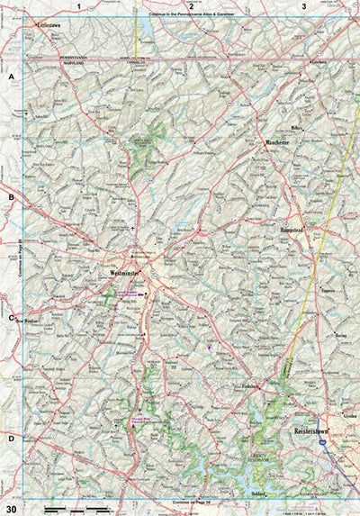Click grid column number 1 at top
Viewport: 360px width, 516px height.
[79, 6]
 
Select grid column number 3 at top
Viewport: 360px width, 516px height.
[304, 6]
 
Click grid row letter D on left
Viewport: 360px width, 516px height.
[12, 439]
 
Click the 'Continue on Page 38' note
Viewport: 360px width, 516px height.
[186, 501]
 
